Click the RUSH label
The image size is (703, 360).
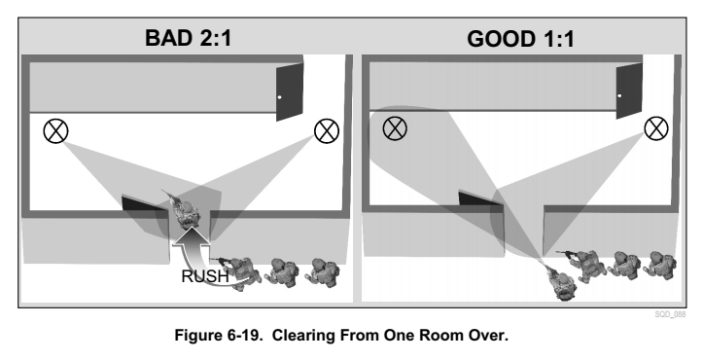(205, 276)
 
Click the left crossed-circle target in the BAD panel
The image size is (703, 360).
(56, 130)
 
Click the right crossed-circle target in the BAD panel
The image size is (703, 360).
(327, 130)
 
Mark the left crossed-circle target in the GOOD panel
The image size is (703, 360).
(395, 128)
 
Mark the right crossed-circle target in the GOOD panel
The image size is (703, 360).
(656, 128)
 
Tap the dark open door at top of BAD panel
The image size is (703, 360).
(289, 92)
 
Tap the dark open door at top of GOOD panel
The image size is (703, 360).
(629, 90)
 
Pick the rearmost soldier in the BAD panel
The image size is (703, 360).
(322, 272)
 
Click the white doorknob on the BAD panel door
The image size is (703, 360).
(280, 97)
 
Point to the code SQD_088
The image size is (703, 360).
(670, 314)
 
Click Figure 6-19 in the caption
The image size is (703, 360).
(219, 336)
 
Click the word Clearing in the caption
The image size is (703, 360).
(303, 336)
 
